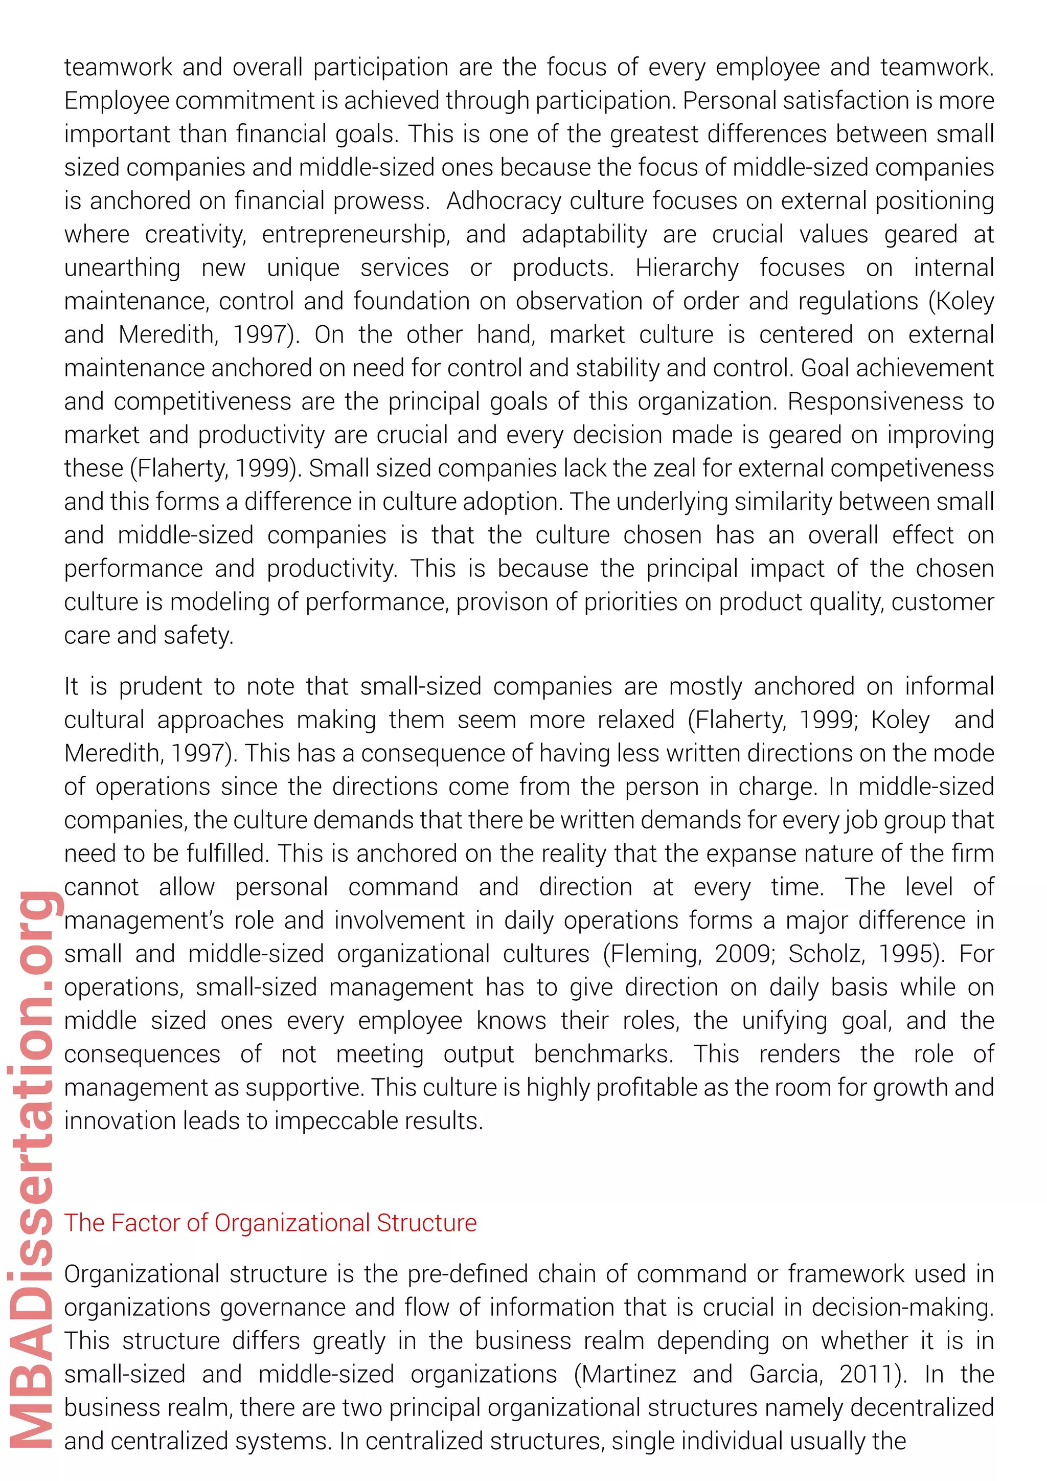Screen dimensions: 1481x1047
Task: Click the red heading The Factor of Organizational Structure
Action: (x=270, y=1223)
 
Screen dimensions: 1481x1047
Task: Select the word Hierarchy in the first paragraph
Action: (x=687, y=267)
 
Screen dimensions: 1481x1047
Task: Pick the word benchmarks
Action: (x=603, y=1054)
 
